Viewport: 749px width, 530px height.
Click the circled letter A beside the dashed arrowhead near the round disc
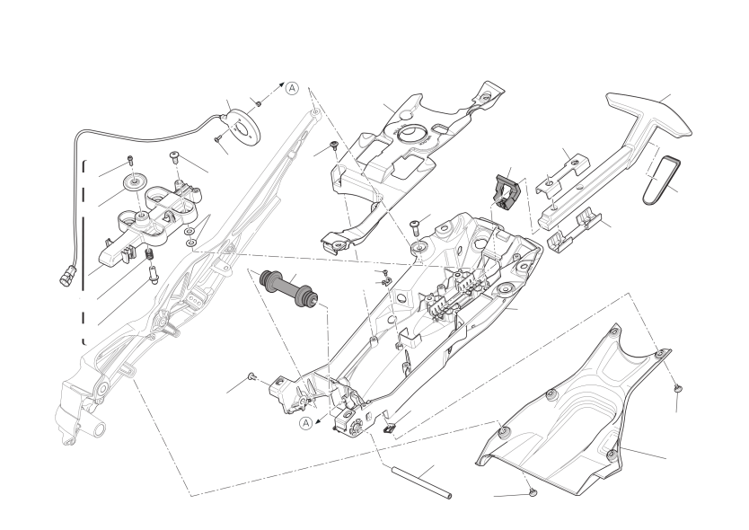292,88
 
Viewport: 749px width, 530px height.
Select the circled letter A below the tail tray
306,422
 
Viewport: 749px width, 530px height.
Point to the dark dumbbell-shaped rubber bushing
288,289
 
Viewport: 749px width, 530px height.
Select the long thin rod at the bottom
421,483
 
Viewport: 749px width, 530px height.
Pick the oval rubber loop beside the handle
661,181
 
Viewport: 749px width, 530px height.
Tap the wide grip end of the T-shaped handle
649,114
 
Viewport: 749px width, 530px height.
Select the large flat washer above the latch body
134,182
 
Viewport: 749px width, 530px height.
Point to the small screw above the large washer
130,160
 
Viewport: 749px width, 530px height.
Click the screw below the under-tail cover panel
533,491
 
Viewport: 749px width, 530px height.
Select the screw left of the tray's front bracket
251,377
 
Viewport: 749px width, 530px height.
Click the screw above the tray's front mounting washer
414,225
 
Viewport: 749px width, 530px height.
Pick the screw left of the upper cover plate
334,146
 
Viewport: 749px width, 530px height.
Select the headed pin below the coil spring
154,276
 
